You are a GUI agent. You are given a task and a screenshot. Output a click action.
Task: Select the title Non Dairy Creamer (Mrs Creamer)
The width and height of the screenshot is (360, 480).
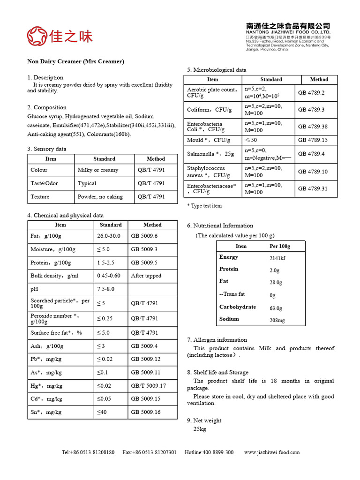click(75, 61)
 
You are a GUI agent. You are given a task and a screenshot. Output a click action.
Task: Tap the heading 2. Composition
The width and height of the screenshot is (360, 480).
click(47, 107)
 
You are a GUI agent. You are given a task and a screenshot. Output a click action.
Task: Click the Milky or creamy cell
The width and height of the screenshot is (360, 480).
click(97, 170)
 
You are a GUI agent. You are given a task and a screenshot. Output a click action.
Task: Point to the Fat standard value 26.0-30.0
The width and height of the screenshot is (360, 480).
click(109, 236)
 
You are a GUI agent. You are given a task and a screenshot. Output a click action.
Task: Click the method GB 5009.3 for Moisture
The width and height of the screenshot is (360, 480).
click(144, 249)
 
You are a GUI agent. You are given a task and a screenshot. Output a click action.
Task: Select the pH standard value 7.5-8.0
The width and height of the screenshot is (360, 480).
click(105, 289)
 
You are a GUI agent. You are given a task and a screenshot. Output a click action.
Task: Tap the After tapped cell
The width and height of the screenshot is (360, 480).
click(146, 276)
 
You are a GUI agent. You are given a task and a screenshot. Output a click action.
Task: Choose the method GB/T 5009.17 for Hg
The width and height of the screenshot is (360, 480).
click(148, 386)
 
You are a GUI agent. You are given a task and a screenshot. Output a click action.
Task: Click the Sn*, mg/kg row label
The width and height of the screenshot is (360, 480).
click(46, 412)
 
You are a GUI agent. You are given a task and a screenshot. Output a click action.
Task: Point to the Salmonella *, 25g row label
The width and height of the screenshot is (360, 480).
click(210, 154)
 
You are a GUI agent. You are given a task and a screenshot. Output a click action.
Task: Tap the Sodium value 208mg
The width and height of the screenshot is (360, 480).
click(277, 321)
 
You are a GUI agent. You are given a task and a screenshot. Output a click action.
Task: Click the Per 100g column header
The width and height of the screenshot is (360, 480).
click(280, 246)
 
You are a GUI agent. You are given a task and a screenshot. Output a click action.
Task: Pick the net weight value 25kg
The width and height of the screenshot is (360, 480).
click(199, 429)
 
